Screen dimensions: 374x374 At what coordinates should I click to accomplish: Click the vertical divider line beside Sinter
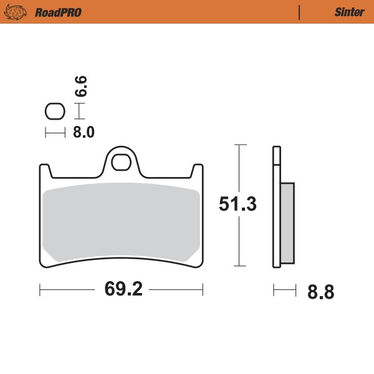(x=300, y=12)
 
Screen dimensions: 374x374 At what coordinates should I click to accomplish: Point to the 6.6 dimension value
(x=80, y=86)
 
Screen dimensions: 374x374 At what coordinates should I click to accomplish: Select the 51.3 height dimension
(x=238, y=204)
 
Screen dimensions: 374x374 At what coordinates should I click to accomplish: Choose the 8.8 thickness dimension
(x=320, y=292)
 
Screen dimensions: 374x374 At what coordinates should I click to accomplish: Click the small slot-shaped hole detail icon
(x=55, y=112)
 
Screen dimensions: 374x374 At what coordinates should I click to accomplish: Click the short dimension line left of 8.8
(x=284, y=289)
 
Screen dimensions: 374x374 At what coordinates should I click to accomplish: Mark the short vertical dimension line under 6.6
(x=79, y=112)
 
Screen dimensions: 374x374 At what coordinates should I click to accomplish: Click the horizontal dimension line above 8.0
(x=55, y=132)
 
